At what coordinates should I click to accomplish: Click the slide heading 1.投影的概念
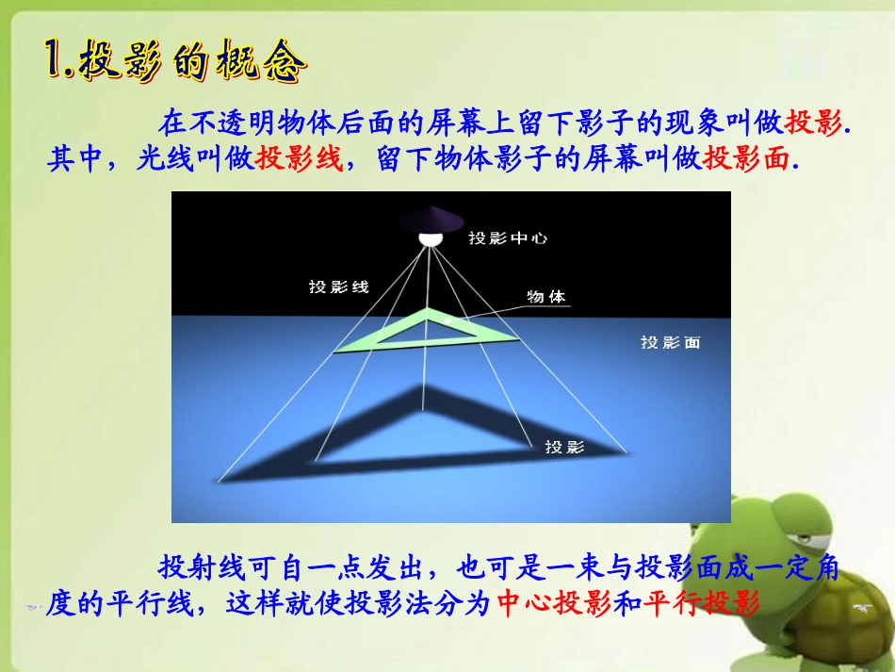pos(176,64)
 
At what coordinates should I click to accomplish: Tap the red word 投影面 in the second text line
pos(744,158)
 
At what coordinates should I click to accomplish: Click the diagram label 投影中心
pos(508,238)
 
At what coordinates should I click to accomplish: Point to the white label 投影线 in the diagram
pos(338,287)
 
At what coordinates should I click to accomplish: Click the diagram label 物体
pos(546,296)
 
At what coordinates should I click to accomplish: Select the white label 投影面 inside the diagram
pos(670,343)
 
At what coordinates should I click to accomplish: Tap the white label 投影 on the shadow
pos(564,447)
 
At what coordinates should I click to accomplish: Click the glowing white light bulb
pos(431,238)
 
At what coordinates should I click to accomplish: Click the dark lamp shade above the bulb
pos(431,218)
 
